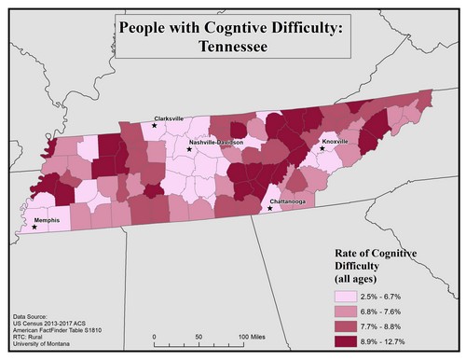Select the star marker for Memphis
point(34,227)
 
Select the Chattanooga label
point(287,201)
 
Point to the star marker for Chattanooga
point(269,208)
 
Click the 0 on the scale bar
point(152,335)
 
